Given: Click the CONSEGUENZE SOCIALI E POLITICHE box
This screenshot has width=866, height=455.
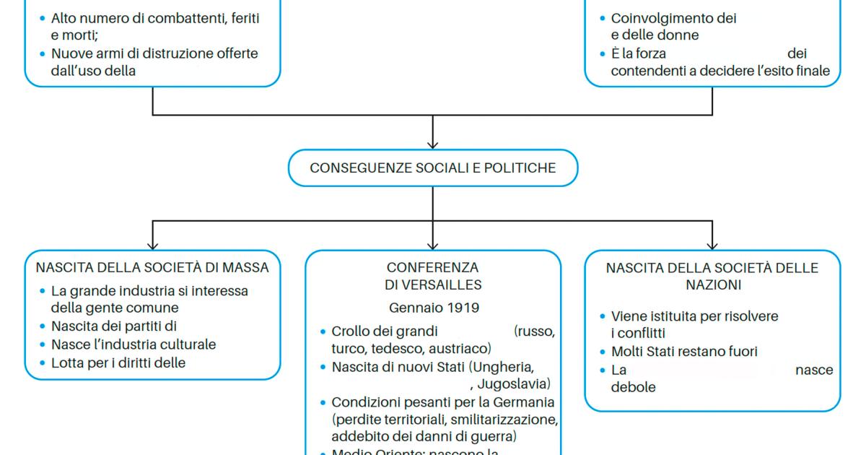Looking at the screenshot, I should [x=433, y=168].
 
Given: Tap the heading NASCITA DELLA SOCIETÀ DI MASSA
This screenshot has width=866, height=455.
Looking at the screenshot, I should [x=152, y=267].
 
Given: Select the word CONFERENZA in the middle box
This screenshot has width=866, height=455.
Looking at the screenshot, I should [x=432, y=267].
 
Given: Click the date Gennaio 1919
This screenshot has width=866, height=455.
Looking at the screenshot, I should [x=434, y=308].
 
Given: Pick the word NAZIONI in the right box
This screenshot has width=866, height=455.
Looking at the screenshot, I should [x=712, y=285].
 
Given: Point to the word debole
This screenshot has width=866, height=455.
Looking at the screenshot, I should [x=633, y=387].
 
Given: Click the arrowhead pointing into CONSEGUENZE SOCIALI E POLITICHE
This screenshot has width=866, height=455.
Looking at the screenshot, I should [x=433, y=144].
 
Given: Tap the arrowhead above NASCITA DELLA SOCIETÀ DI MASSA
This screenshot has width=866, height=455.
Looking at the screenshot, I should [x=152, y=245].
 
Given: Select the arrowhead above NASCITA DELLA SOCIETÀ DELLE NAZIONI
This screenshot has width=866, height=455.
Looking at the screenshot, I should [x=712, y=245].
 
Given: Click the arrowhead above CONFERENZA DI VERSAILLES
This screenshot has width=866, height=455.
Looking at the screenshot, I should [x=433, y=245].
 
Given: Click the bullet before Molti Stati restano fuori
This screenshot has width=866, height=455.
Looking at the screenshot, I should [x=603, y=352].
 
